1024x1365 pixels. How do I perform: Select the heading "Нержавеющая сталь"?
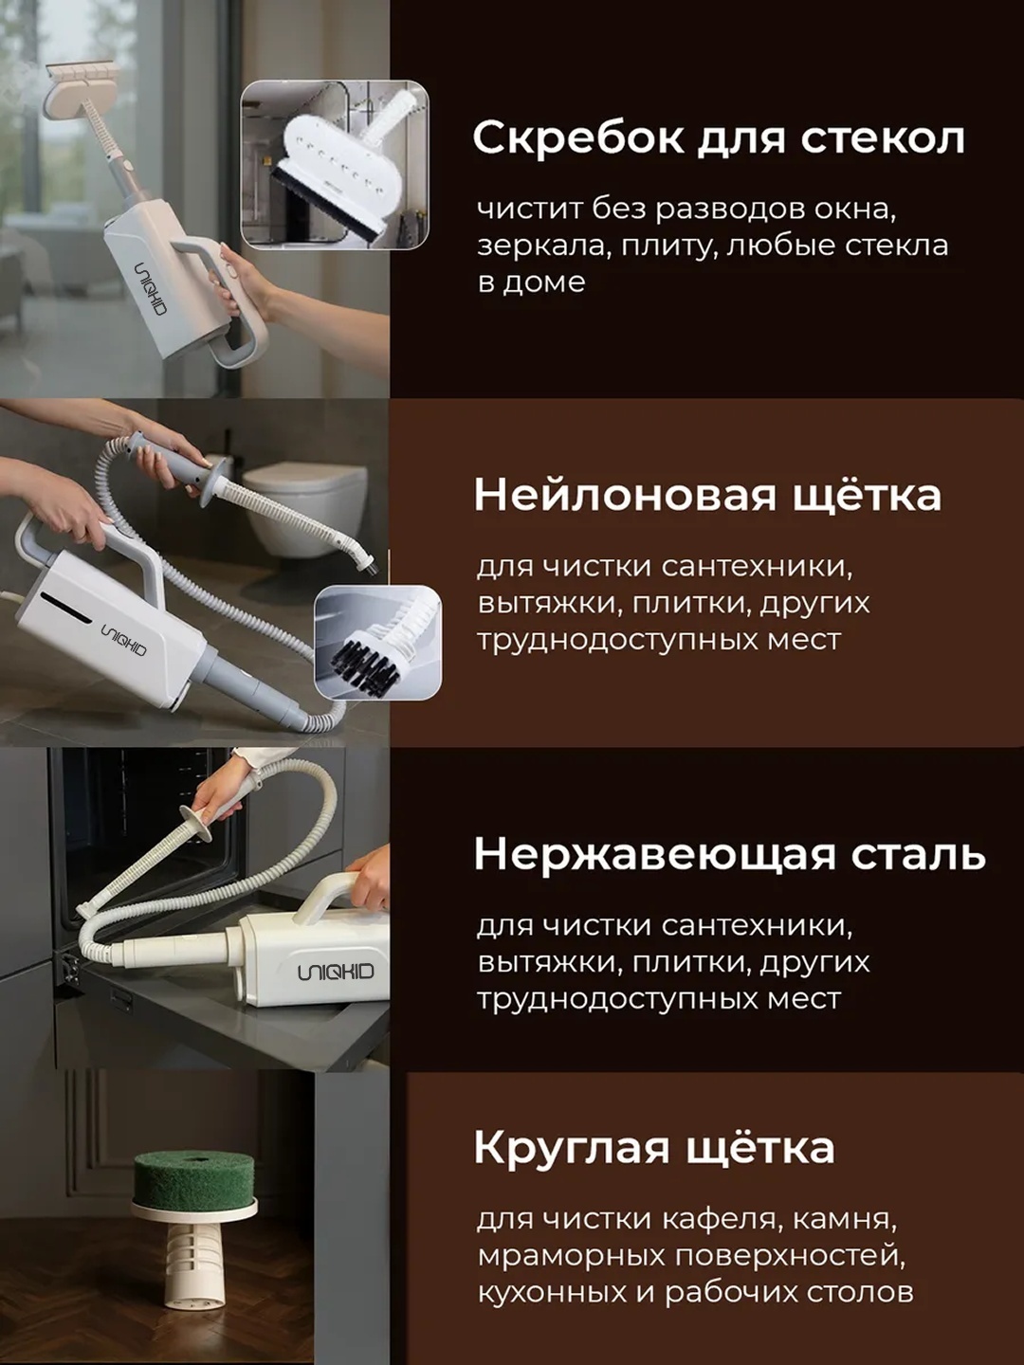click(x=729, y=854)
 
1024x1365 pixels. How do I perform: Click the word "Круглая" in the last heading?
click(x=572, y=1147)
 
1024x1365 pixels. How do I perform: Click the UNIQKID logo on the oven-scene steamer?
click(x=336, y=972)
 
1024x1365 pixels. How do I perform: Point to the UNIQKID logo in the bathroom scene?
click(x=124, y=641)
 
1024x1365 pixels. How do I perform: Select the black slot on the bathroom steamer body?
click(x=63, y=606)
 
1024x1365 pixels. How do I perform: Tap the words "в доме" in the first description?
click(x=531, y=282)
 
